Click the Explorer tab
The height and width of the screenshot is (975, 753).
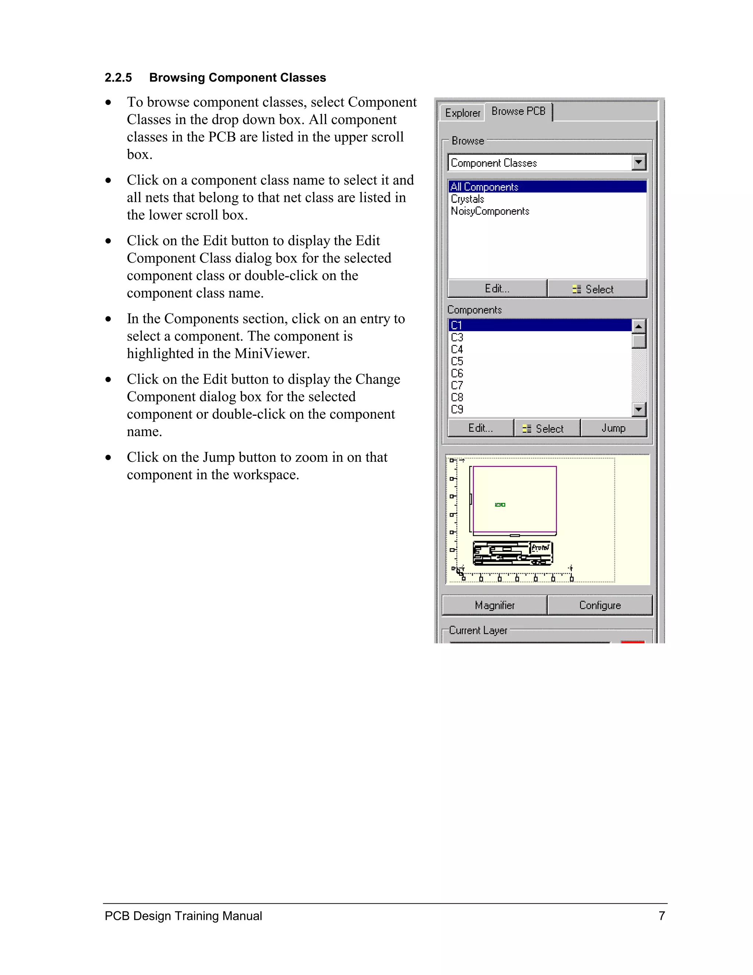[x=462, y=113]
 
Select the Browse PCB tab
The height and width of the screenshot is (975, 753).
[x=518, y=111]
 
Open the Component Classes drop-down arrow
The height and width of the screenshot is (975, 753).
[x=639, y=163]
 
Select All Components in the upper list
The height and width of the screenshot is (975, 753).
[x=485, y=187]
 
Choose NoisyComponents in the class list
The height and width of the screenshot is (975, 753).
[x=490, y=211]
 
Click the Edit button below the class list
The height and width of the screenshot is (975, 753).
[x=497, y=289]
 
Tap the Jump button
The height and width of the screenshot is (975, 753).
[x=613, y=428]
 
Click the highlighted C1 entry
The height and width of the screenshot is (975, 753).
[x=456, y=326]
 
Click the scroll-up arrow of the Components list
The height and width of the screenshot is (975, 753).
[x=639, y=326]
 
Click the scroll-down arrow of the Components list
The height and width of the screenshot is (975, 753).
[x=639, y=409]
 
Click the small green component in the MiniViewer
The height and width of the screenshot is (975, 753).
[x=500, y=505]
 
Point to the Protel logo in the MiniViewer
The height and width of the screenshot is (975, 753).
[x=540, y=547]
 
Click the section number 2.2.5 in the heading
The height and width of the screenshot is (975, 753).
[x=118, y=78]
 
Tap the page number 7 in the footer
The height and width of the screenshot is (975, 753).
[x=661, y=916]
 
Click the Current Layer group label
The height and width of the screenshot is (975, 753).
[x=478, y=630]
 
